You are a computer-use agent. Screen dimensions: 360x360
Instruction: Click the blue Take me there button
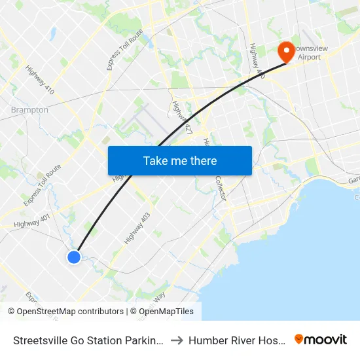pyautogui.click(x=180, y=160)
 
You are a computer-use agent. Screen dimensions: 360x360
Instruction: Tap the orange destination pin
pyautogui.click(x=286, y=51)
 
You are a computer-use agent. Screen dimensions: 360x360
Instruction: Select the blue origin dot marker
pyautogui.click(x=74, y=257)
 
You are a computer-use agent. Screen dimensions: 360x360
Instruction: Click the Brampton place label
pyautogui.click(x=29, y=110)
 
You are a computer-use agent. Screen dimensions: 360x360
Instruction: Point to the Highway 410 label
pyautogui.click(x=39, y=79)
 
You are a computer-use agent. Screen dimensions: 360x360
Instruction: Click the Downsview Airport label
pyautogui.click(x=310, y=52)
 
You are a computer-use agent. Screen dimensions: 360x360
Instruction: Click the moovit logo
pyautogui.click(x=320, y=340)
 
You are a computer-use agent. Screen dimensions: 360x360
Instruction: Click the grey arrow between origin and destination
pyautogui.click(x=177, y=340)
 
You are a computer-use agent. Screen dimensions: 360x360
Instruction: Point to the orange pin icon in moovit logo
pyautogui.click(x=299, y=339)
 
